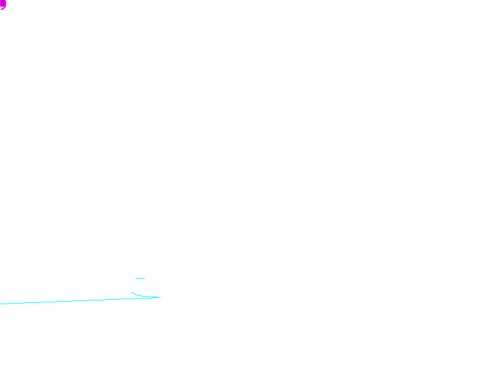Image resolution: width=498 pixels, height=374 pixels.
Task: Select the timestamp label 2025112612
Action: tap(164, 295)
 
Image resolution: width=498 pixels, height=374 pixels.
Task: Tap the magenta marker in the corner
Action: tap(2, 4)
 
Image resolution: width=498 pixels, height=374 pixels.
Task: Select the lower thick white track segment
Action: tap(129, 287)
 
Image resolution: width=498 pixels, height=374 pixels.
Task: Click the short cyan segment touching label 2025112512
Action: tap(140, 278)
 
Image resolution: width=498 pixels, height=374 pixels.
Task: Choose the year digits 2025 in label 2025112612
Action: tap(148, 295)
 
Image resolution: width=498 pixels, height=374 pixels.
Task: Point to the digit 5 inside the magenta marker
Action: tap(2, 4)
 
